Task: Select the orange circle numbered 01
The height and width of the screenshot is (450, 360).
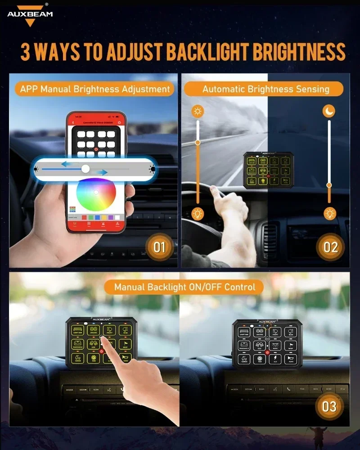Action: (x=159, y=247)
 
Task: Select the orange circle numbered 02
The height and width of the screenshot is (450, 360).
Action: (x=330, y=247)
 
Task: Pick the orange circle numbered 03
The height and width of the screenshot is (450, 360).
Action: (x=329, y=406)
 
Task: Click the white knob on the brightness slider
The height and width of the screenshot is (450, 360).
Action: (x=85, y=169)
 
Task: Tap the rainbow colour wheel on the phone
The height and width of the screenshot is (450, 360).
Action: (x=96, y=193)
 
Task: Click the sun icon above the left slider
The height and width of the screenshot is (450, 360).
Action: (x=198, y=111)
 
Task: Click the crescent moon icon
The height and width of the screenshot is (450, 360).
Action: (x=329, y=111)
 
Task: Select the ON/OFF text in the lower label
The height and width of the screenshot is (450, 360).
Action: (x=203, y=287)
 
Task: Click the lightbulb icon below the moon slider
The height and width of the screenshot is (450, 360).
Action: (x=330, y=213)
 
